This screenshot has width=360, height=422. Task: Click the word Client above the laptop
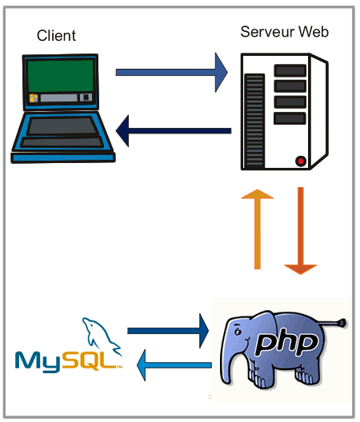click(x=56, y=35)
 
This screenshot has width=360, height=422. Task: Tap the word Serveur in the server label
click(x=266, y=32)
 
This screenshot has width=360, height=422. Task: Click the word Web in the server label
click(x=314, y=32)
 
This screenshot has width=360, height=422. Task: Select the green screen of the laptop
click(x=60, y=76)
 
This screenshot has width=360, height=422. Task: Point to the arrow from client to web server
click(x=172, y=73)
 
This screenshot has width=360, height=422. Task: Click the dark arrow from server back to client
click(x=174, y=131)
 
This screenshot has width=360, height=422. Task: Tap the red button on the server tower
click(x=301, y=161)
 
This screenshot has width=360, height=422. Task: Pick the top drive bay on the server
click(x=290, y=70)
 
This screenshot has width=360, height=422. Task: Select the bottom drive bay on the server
click(x=290, y=118)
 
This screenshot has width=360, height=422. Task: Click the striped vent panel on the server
click(x=254, y=121)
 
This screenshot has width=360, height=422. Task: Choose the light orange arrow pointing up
click(x=258, y=229)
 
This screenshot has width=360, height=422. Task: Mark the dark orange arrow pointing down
click(x=301, y=231)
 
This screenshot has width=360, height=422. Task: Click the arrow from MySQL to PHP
click(x=168, y=331)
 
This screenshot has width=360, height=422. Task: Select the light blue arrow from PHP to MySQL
click(x=174, y=365)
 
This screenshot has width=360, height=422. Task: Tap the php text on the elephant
click(x=286, y=344)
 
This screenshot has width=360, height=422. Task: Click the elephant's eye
click(x=238, y=332)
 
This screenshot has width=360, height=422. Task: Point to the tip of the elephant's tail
click(x=343, y=322)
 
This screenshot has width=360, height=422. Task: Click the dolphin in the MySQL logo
click(x=102, y=336)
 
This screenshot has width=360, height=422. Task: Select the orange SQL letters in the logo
click(x=89, y=361)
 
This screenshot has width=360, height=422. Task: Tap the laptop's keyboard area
click(x=62, y=125)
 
